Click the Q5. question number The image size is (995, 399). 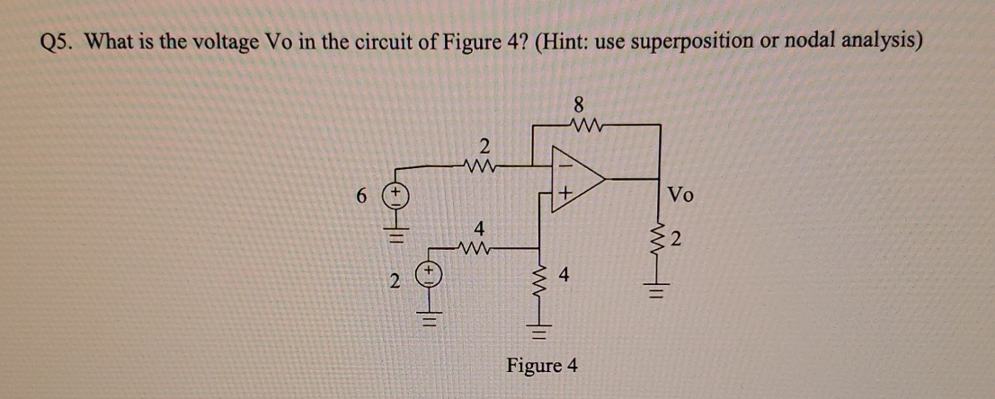point(60,41)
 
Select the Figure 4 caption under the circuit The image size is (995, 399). point(542,367)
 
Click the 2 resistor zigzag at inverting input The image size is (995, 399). point(484,165)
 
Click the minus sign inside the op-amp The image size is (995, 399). point(565,164)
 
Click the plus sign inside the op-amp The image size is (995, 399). point(565,193)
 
